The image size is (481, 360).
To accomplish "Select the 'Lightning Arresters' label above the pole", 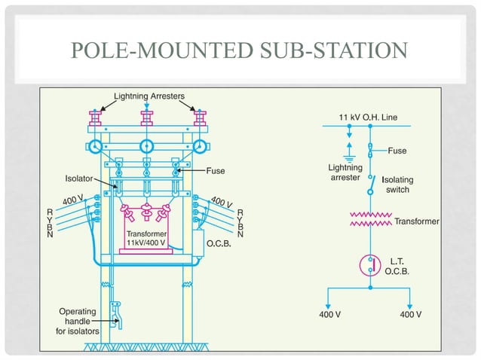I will point(149,96).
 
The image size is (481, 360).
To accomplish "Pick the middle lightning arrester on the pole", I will point(147,118).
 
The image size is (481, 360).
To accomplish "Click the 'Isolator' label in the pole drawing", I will point(77,179).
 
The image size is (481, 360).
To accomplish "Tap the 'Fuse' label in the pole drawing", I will point(216,170).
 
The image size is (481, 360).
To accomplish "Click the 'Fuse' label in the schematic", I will point(397,151).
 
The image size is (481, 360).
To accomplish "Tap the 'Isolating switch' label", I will point(397,185).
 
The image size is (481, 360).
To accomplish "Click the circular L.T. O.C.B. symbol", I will point(369,265).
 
